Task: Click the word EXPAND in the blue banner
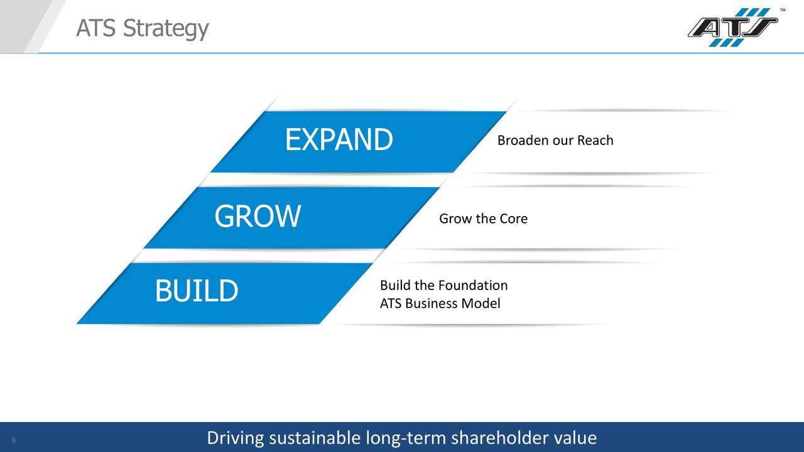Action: coord(339,139)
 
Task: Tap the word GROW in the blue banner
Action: coord(258,217)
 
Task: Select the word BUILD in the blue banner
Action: coord(197,291)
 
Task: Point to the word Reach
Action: coord(595,140)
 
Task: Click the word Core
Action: coord(513,218)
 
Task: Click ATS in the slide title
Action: coord(96,28)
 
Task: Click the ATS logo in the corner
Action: coord(732,27)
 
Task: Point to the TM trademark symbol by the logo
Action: coord(782,10)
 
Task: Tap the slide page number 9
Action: coord(13,439)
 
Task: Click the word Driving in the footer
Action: coord(236,438)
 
